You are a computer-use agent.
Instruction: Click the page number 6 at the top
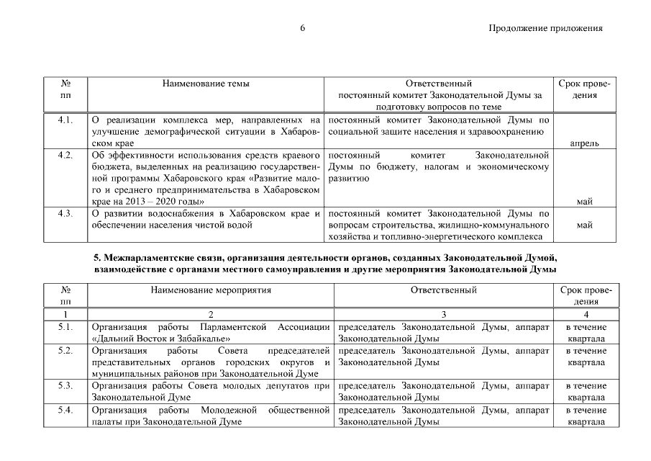pyautogui.click(x=303, y=29)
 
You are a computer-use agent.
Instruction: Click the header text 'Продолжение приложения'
pyautogui.click(x=545, y=29)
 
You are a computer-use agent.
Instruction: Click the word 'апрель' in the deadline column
pyautogui.click(x=584, y=143)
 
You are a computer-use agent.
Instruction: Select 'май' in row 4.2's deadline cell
pyautogui.click(x=584, y=202)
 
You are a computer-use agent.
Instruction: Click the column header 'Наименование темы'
pyautogui.click(x=206, y=84)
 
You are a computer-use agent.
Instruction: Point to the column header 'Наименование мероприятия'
pyautogui.click(x=211, y=290)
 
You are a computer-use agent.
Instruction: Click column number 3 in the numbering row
pyautogui.click(x=443, y=315)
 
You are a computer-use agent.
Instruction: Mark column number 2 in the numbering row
pyautogui.click(x=211, y=315)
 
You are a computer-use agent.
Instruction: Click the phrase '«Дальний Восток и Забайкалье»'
pyautogui.click(x=161, y=339)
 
